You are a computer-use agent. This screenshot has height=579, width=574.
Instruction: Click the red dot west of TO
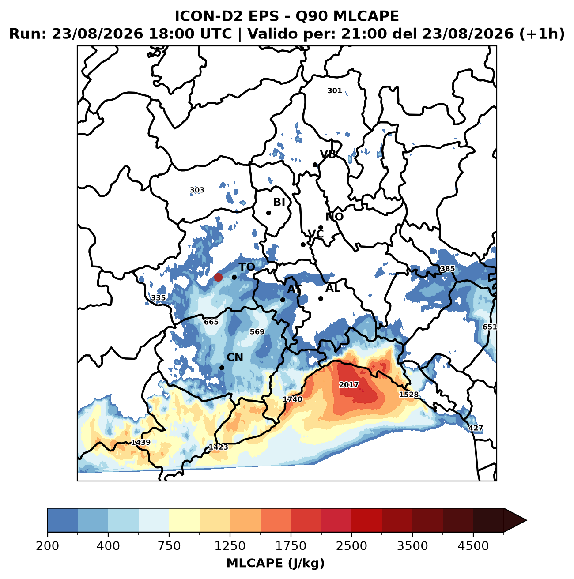[x=218, y=277]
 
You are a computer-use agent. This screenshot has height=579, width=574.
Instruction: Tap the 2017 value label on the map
[x=348, y=384]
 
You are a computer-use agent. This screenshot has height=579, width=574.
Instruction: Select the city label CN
[x=234, y=357]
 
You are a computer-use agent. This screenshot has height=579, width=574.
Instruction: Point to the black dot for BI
[x=268, y=213]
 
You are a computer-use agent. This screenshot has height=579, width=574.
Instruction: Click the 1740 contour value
[x=292, y=399]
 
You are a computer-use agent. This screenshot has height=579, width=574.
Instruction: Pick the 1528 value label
[x=408, y=394]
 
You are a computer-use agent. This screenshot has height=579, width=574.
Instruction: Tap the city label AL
[x=333, y=288]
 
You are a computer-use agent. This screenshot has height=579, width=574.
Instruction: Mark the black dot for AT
[x=283, y=300]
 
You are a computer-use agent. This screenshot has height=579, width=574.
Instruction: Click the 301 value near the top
[x=334, y=90]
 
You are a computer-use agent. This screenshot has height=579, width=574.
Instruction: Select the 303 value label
[x=197, y=190]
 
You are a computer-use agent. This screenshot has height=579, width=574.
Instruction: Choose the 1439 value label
[x=141, y=442]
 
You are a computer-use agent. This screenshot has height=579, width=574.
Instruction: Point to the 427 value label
[x=476, y=428]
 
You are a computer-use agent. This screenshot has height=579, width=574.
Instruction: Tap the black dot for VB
[x=315, y=165]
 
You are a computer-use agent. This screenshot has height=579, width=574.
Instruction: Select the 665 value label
[x=211, y=322]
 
